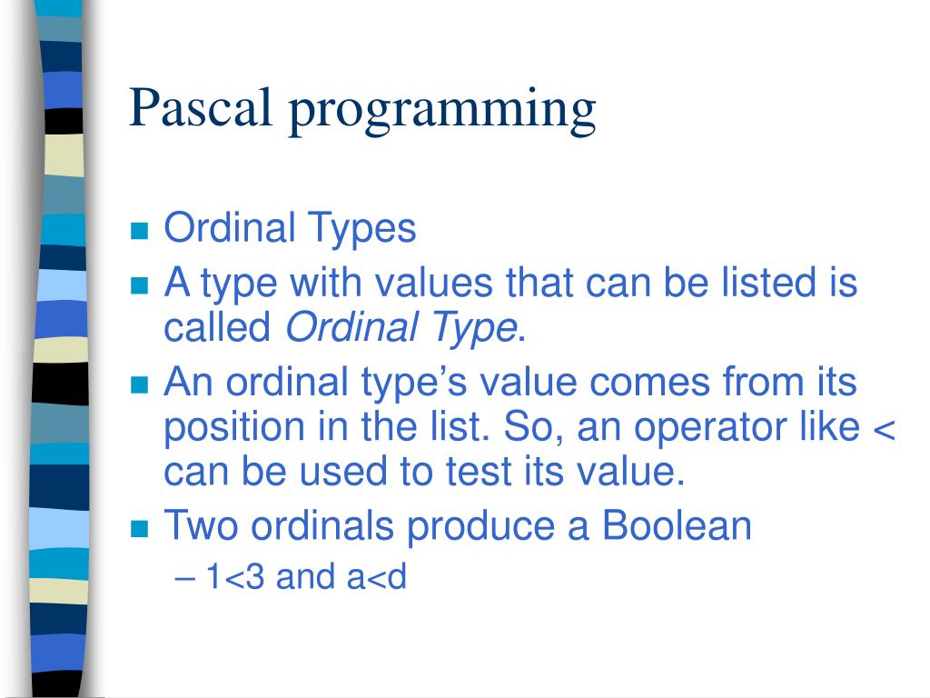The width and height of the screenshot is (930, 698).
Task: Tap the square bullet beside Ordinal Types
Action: pyautogui.click(x=139, y=230)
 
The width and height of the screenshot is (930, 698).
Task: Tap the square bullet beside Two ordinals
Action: pyautogui.click(x=139, y=529)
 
